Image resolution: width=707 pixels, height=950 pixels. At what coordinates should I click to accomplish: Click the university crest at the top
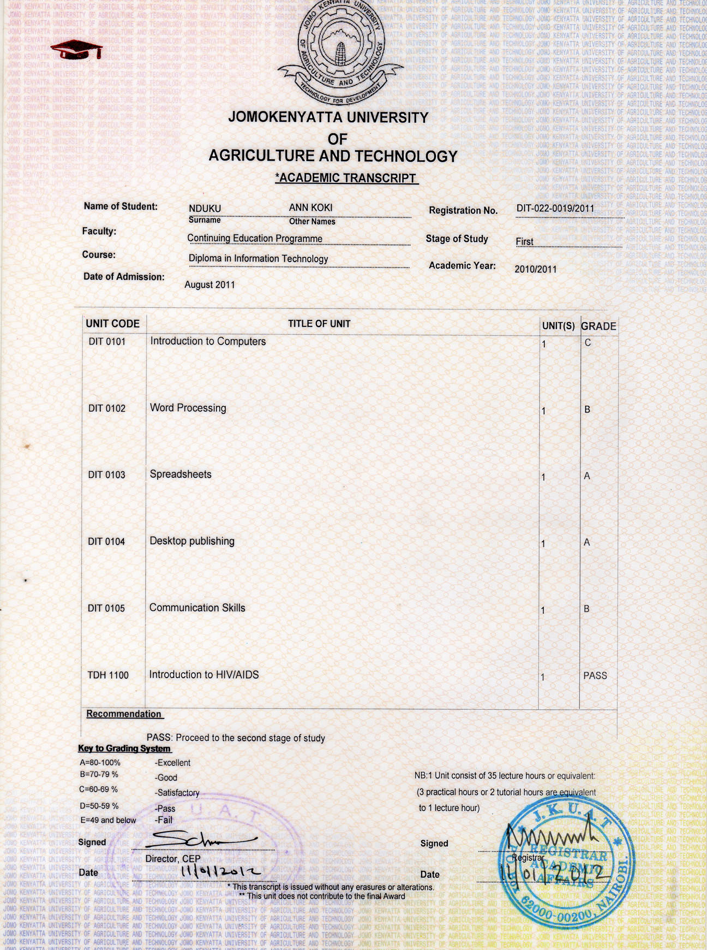[x=341, y=49]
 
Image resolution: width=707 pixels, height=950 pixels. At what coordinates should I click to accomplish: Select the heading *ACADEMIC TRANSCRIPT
[x=346, y=178]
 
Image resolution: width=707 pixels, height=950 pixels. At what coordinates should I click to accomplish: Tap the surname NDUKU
[x=205, y=209]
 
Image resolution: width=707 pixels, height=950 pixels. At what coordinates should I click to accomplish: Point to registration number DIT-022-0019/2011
[x=555, y=208]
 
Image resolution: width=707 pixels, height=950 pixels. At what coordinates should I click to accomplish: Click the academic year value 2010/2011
[x=535, y=269]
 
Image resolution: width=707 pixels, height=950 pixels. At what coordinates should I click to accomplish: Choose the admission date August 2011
[x=209, y=284]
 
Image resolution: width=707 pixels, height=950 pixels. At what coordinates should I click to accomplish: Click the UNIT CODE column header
[x=112, y=324]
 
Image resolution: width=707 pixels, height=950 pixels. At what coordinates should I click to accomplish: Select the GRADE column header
[x=598, y=326]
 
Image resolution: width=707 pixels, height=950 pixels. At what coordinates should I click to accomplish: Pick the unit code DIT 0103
[x=106, y=475]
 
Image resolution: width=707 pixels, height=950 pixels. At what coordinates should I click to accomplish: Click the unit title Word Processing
[x=188, y=408]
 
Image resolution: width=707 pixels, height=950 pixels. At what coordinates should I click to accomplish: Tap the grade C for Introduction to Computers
[x=588, y=343]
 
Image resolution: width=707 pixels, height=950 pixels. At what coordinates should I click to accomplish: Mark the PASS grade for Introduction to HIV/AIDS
[x=595, y=675]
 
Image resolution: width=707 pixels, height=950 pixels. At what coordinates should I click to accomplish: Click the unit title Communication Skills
[x=197, y=608]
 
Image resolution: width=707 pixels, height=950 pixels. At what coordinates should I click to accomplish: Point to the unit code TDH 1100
[x=108, y=675]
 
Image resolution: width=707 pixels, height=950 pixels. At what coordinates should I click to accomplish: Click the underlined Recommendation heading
[x=124, y=714]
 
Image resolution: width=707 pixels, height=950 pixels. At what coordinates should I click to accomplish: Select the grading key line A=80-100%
[x=100, y=763]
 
